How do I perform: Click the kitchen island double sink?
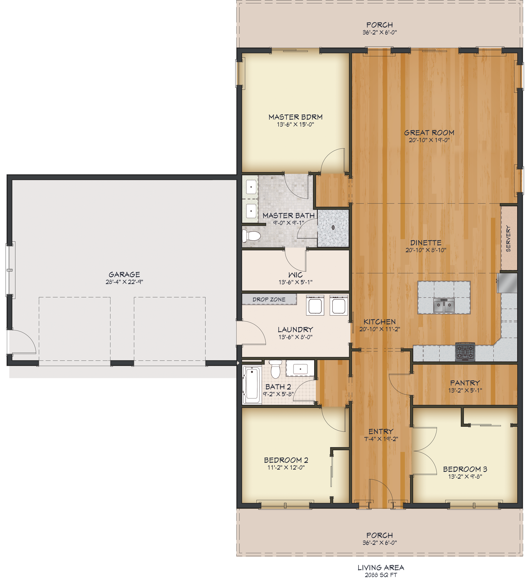coord(444,306)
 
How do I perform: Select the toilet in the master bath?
coord(251,236)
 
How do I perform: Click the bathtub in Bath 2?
coord(252,384)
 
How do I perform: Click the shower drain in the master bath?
coord(333,228)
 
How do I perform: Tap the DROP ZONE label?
coord(269,299)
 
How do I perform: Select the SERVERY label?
coord(508,239)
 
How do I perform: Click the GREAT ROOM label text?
coord(429,133)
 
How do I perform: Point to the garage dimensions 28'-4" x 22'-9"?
coord(124,282)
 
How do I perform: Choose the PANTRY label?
coord(465,383)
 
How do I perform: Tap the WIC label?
coord(295,275)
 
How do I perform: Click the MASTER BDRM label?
coord(295,117)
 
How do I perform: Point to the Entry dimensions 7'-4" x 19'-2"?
coord(381,439)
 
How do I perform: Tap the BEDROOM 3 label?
coord(465,469)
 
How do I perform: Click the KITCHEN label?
coord(380,322)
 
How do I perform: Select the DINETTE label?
coord(426,243)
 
